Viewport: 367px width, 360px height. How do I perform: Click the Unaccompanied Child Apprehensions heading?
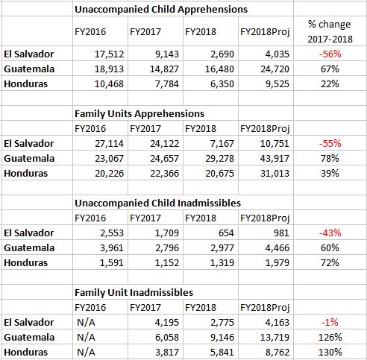(161, 10)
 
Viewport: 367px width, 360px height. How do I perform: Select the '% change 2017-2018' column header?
(330, 31)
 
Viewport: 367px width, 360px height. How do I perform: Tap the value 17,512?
(109, 54)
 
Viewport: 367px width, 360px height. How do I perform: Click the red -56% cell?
(330, 54)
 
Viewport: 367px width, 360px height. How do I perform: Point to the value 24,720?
(275, 69)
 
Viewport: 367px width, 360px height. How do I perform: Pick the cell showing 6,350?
(222, 84)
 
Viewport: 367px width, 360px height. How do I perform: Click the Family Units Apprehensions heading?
(139, 114)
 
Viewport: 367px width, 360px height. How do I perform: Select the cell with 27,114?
(109, 144)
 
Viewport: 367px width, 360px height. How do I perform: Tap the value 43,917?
(275, 159)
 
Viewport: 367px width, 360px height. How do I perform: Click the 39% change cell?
(330, 174)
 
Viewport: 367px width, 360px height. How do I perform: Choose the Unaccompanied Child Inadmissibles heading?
(158, 203)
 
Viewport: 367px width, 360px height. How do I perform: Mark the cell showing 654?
(226, 233)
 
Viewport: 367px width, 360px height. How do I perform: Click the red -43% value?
(330, 233)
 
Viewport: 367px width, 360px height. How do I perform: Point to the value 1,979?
(277, 263)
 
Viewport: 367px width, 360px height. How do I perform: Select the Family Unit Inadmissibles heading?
(134, 293)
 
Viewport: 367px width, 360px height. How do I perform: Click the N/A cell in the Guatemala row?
(86, 338)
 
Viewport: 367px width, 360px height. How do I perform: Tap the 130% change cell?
(330, 353)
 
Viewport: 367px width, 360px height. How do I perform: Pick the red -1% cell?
(330, 323)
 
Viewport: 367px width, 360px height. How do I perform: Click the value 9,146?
(222, 338)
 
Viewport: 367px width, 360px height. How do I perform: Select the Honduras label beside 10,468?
(26, 84)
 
